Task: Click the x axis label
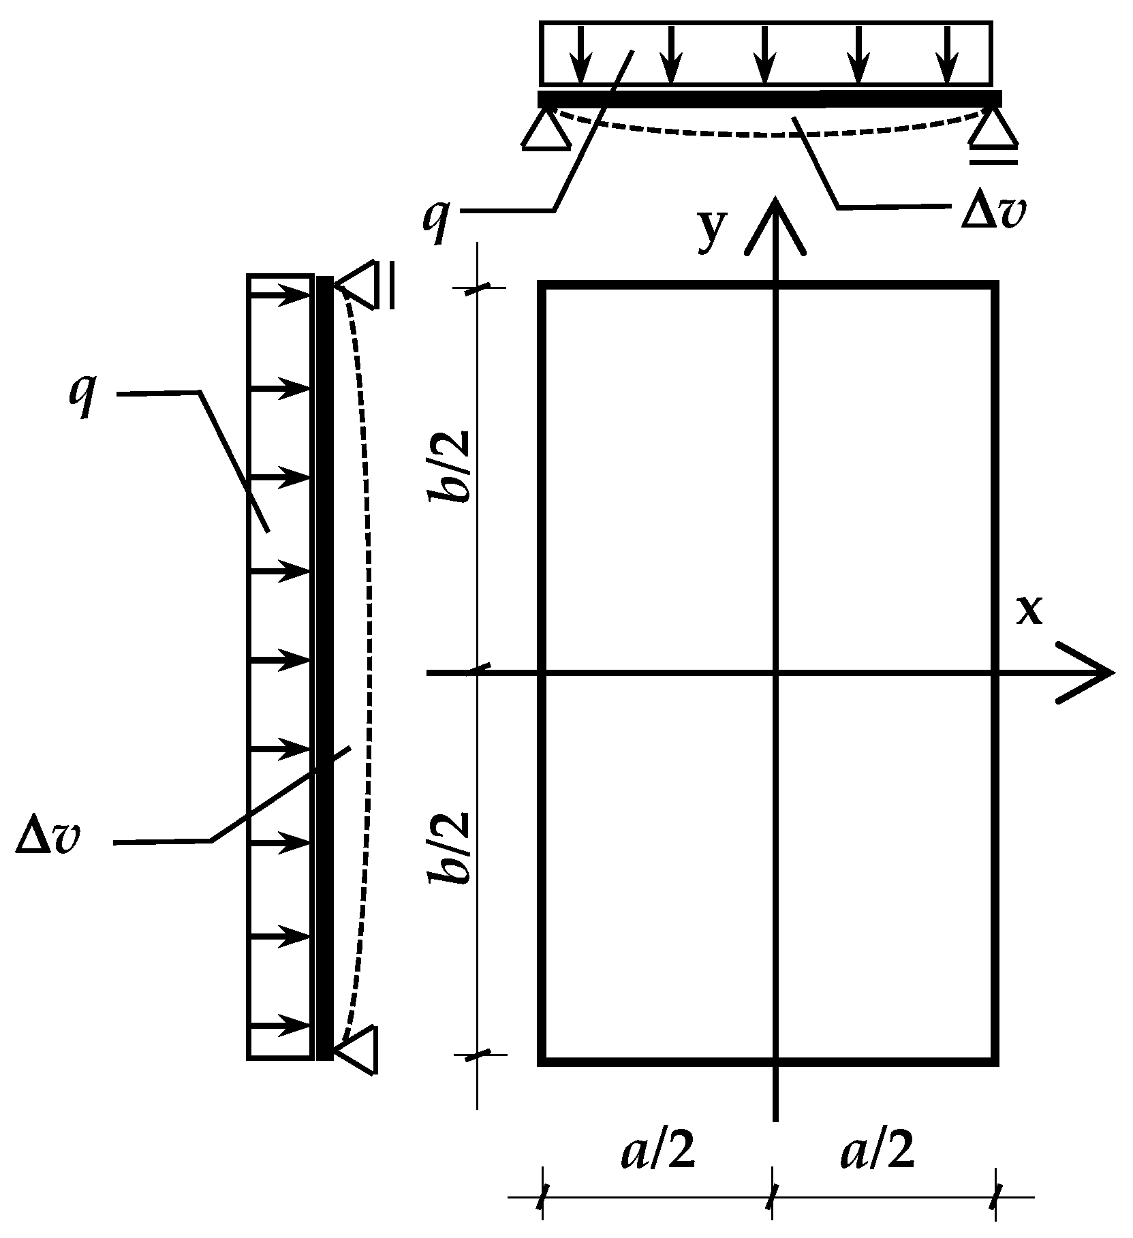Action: click(1029, 611)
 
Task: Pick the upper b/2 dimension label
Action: click(449, 466)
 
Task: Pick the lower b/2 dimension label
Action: click(449, 848)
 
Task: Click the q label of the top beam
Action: click(437, 218)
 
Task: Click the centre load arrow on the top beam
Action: click(766, 54)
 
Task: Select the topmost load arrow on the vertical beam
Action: click(281, 296)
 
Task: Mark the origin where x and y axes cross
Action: click(775, 673)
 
